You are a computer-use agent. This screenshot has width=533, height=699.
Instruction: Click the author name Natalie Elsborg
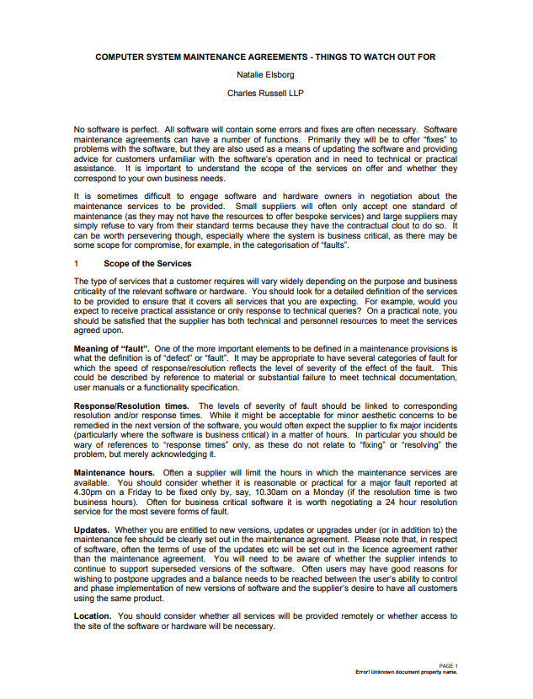[265, 74]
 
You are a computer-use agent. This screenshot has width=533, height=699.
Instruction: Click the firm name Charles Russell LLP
[265, 93]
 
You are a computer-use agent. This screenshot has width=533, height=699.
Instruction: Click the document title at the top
[265, 56]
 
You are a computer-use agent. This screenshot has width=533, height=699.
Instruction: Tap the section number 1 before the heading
[77, 263]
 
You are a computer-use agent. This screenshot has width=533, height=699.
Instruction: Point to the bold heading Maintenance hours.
[115, 472]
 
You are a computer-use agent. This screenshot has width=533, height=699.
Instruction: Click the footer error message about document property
[407, 672]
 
